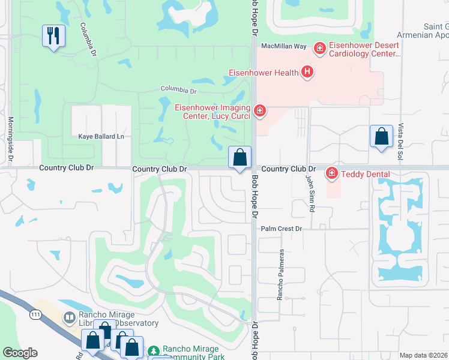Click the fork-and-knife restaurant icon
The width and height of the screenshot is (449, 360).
[x=53, y=36]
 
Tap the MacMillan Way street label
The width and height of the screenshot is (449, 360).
[x=283, y=46]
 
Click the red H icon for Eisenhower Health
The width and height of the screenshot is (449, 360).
[x=307, y=73]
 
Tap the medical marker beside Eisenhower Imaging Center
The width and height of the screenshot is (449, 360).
[x=259, y=110]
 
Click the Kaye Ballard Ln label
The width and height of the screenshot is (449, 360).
[x=101, y=137]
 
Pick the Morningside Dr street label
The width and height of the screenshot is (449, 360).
[x=10, y=139]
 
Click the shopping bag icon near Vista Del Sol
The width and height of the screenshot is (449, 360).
[x=381, y=136]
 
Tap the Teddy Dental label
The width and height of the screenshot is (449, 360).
[x=365, y=175]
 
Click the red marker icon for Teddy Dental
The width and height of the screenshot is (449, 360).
[x=331, y=174]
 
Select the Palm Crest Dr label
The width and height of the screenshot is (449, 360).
[x=281, y=229]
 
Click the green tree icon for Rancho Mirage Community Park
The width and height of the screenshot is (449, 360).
[x=154, y=350]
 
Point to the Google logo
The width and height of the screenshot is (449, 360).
[x=20, y=353]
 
